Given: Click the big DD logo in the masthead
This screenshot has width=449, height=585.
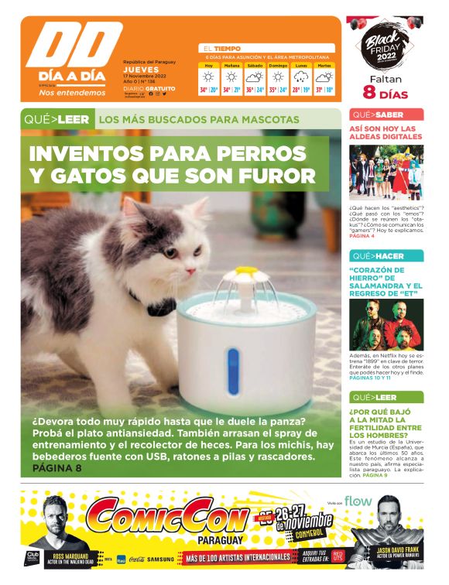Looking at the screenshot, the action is coord(74,47).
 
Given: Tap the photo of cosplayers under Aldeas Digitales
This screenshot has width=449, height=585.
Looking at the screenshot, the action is coord(386,173).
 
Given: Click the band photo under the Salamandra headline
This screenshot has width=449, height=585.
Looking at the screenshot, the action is coord(386,323).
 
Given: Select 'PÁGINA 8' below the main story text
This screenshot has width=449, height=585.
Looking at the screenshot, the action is coord(57,468).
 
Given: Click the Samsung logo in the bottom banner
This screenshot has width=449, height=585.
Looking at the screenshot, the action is coord(161,558).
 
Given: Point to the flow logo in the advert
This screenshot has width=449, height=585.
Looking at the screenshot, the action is coord(358,501).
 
